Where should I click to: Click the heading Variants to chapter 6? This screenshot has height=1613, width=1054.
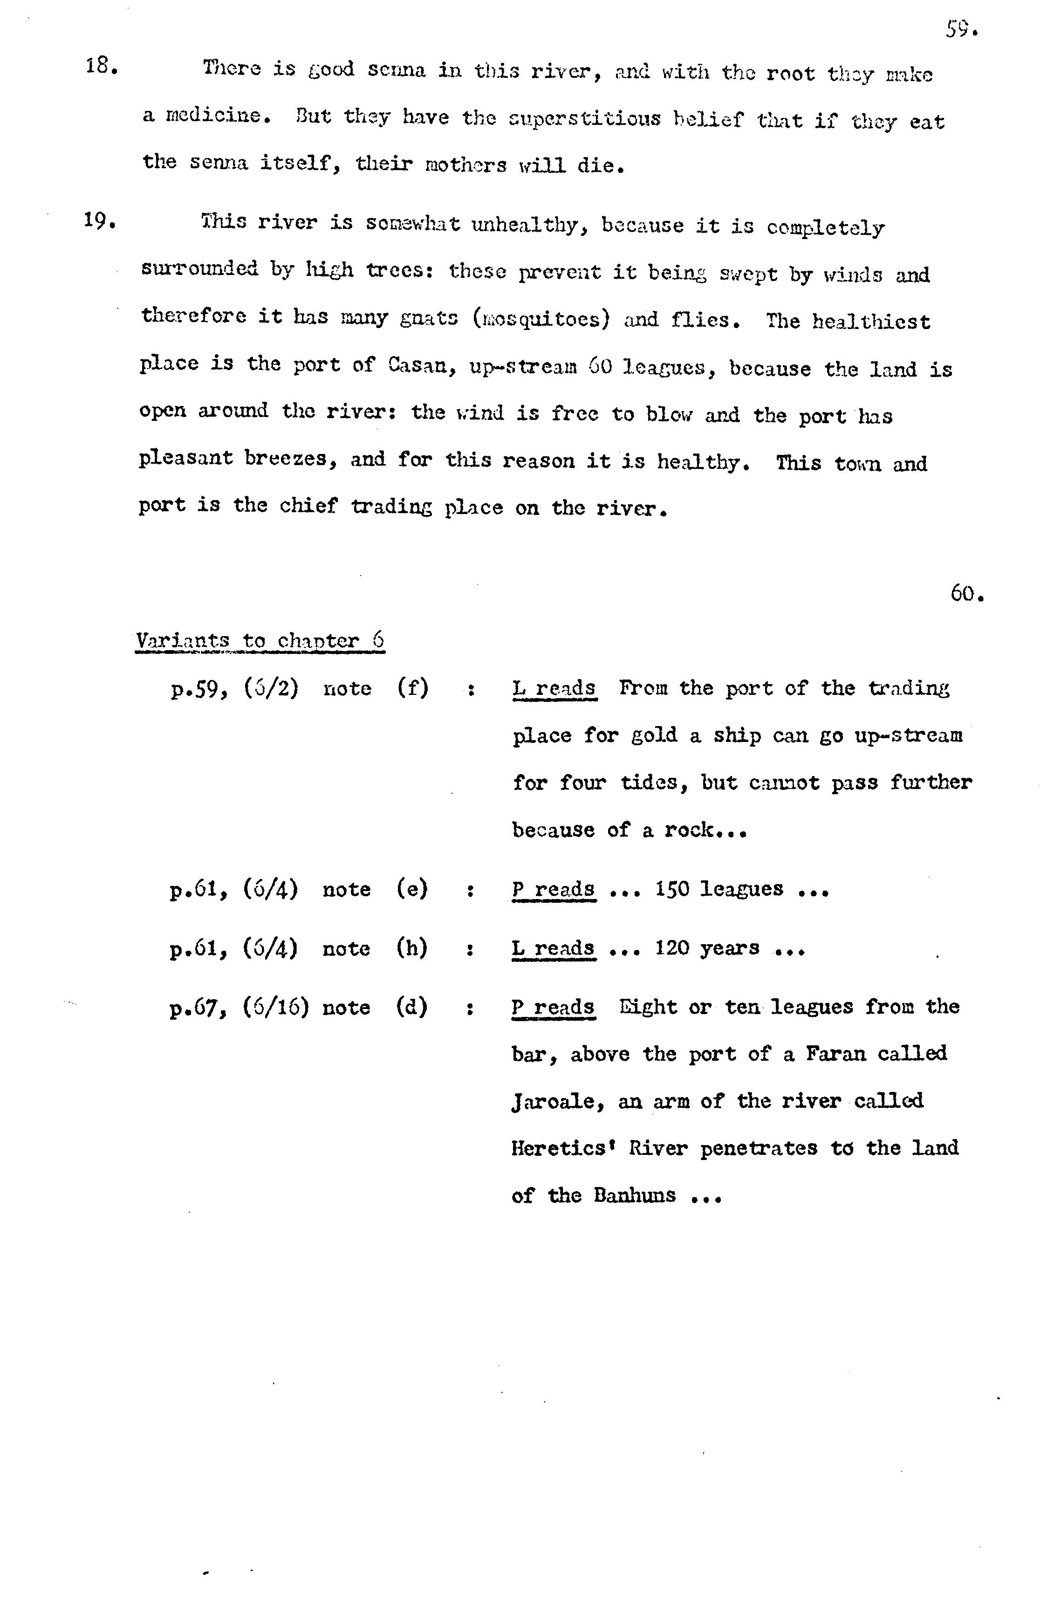[260, 640]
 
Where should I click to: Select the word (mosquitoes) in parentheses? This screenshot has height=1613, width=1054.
[541, 318]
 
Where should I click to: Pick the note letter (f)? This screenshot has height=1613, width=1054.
[412, 688]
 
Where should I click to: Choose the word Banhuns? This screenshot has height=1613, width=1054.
[635, 1195]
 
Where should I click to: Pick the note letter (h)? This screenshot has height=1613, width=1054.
[412, 948]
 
